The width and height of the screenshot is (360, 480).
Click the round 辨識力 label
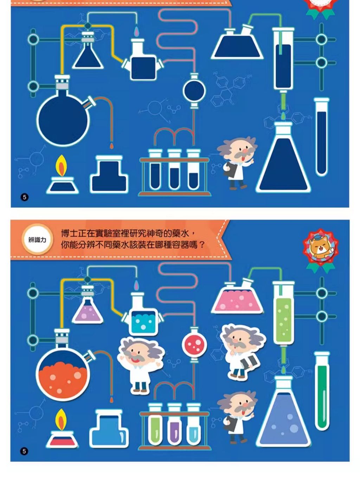click(37, 240)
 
